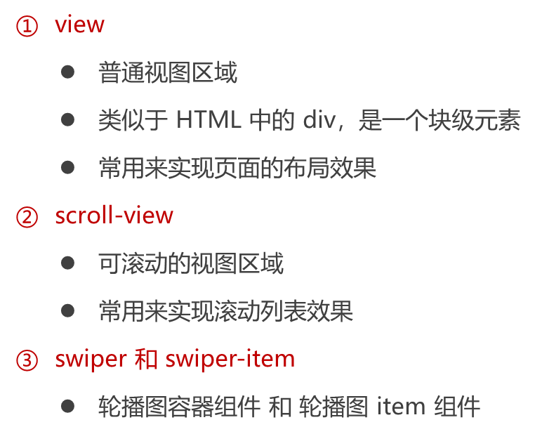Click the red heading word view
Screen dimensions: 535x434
coord(80,25)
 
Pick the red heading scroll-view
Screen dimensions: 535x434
coord(114,215)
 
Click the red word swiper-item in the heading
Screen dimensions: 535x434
coord(230,360)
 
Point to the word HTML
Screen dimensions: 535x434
coord(209,120)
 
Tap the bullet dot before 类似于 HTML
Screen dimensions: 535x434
coord(67,120)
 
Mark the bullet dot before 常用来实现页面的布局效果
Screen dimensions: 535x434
coord(67,167)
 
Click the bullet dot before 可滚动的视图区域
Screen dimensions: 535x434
coord(67,263)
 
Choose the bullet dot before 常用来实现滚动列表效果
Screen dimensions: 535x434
coord(67,310)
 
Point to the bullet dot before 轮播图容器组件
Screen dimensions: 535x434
coord(67,406)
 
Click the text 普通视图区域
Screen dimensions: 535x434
coord(168,72)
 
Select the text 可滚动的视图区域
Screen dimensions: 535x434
coord(191,263)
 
